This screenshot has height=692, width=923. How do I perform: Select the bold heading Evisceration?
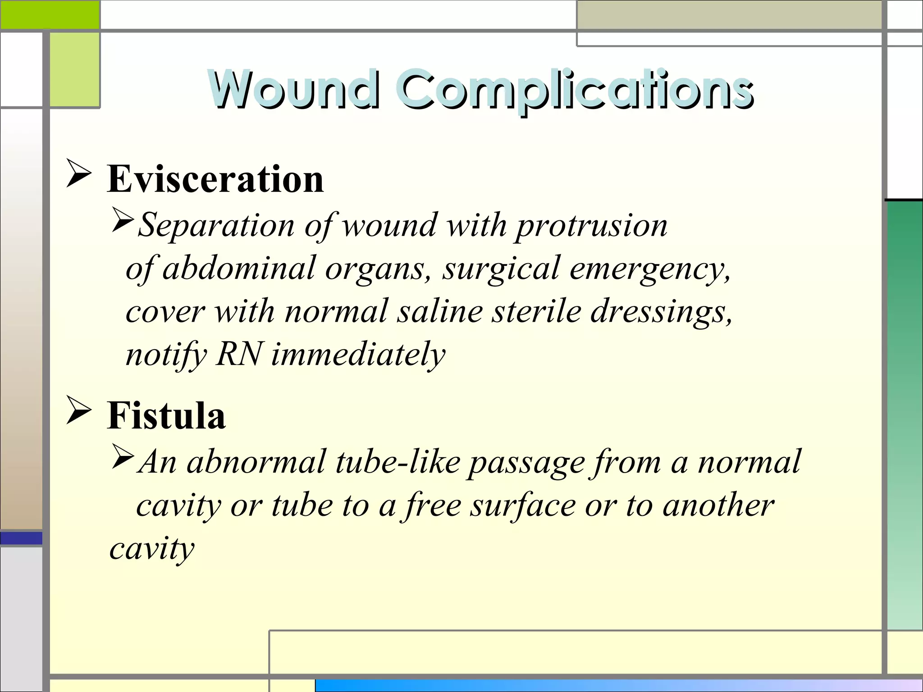pyautogui.click(x=215, y=179)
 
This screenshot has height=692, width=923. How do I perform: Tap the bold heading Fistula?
pyautogui.click(x=166, y=415)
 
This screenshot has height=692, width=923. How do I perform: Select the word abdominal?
pyautogui.click(x=238, y=268)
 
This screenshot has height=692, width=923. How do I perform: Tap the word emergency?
pyautogui.click(x=649, y=269)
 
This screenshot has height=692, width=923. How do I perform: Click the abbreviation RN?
pyautogui.click(x=239, y=354)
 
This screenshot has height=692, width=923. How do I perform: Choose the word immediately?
pyautogui.click(x=358, y=355)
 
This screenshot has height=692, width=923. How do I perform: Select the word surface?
pyautogui.click(x=522, y=505)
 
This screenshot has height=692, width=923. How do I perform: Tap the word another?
pyautogui.click(x=718, y=505)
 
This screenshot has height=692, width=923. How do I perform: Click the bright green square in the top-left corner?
pyautogui.click(x=50, y=14)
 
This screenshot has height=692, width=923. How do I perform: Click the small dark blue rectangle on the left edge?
pyautogui.click(x=21, y=538)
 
